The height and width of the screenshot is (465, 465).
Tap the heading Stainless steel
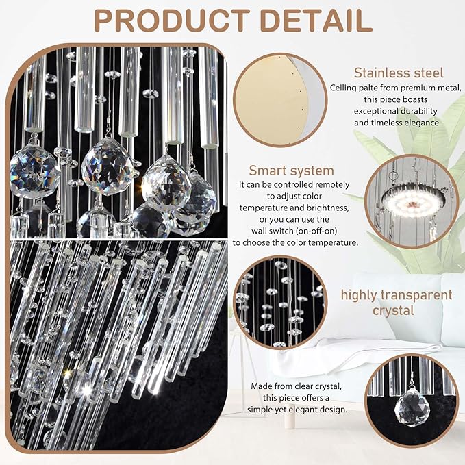pyautogui.click(x=399, y=73)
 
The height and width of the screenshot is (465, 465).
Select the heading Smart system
pyautogui.click(x=291, y=171)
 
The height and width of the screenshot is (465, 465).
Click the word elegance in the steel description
pyautogui.click(x=418, y=123)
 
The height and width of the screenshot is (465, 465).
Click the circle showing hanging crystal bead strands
pyautogui.click(x=279, y=301)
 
